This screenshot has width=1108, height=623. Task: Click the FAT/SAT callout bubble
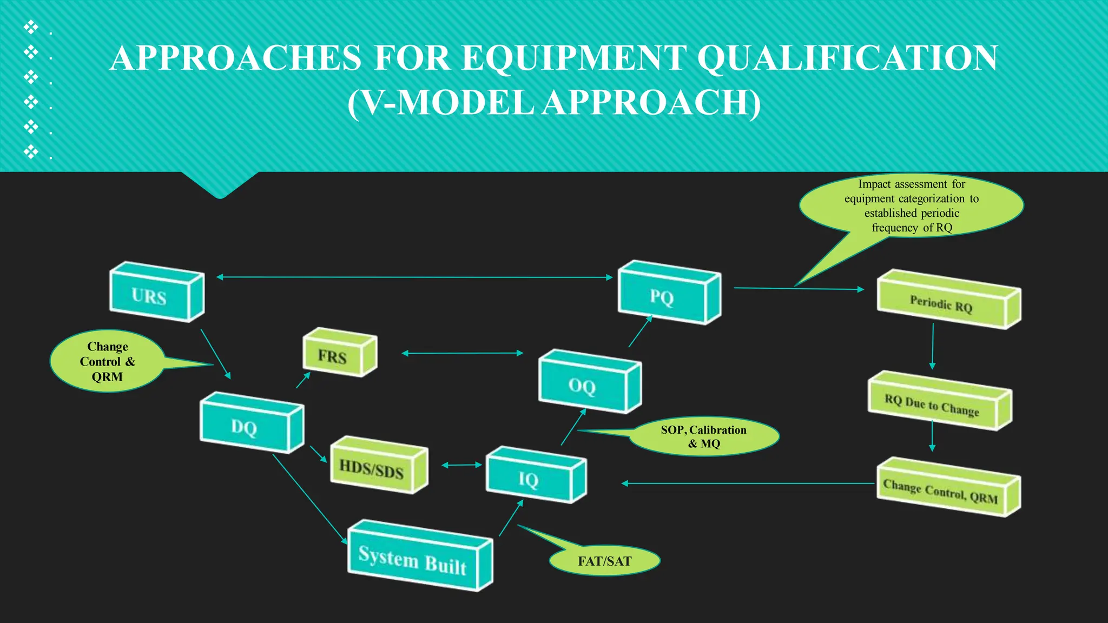tap(604, 561)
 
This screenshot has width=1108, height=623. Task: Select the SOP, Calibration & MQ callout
tap(703, 436)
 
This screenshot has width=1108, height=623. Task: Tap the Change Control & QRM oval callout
tap(107, 361)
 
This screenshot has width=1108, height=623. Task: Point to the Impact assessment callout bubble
tap(912, 206)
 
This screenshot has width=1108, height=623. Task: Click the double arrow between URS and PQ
tap(414, 277)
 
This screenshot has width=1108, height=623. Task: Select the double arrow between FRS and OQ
tap(463, 353)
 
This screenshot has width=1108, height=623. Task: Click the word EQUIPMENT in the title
tap(574, 58)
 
